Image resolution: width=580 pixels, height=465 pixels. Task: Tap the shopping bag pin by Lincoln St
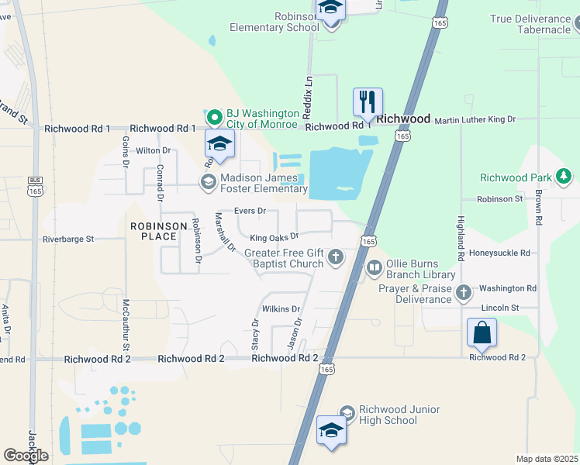pos(482,333)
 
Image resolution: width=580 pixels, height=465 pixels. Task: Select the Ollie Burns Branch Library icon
pos(375,268)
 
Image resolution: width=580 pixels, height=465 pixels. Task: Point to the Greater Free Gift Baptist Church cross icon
pos(336,257)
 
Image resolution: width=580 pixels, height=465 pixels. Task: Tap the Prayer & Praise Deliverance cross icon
pos(464,292)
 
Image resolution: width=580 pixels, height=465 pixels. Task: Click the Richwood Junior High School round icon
pos(346,412)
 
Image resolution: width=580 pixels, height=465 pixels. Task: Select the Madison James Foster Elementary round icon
pos(208,181)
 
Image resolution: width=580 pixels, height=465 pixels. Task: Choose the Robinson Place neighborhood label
pos(159,231)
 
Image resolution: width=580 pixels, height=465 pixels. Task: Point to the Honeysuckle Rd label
pos(504,253)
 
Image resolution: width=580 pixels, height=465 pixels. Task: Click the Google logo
pos(26,456)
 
